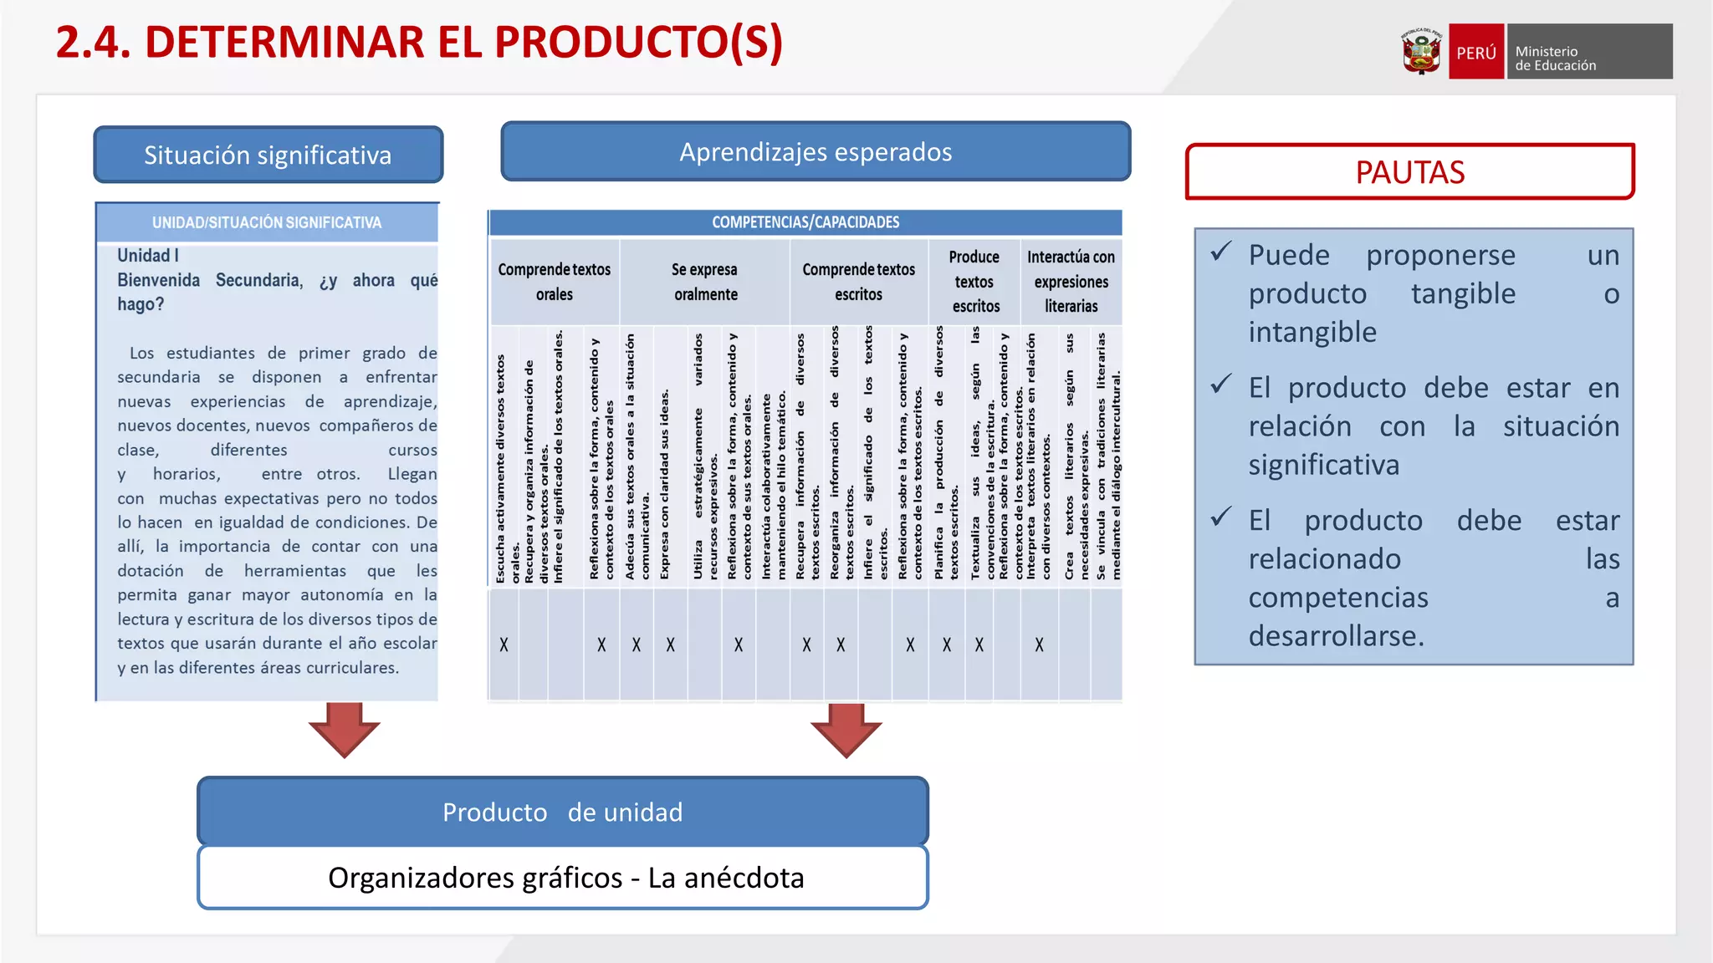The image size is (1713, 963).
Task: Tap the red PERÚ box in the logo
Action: click(1476, 52)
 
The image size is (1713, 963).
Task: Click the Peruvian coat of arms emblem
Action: click(1421, 52)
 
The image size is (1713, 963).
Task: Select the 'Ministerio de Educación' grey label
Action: click(1589, 52)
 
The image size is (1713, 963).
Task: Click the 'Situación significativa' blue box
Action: click(268, 155)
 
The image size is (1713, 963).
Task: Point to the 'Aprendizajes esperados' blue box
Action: click(816, 151)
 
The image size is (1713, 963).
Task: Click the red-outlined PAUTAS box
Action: click(1409, 172)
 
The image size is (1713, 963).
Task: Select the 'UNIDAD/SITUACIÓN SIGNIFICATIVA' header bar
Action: click(267, 222)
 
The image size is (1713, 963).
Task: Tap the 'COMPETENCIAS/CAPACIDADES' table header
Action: click(805, 222)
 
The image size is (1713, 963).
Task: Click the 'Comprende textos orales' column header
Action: click(555, 282)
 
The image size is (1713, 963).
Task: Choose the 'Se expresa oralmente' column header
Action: click(705, 282)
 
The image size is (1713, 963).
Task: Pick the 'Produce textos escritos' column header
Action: click(974, 282)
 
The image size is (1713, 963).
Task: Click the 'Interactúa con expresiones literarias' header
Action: click(1071, 282)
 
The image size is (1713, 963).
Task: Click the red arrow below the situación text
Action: click(344, 729)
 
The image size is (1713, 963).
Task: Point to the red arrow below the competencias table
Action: click(846, 730)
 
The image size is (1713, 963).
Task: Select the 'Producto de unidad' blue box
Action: click(562, 812)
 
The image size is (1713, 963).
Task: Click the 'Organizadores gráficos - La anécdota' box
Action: click(562, 878)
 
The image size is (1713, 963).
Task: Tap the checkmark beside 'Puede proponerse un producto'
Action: click(1221, 252)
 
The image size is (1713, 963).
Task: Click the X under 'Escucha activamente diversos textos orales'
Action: click(504, 645)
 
